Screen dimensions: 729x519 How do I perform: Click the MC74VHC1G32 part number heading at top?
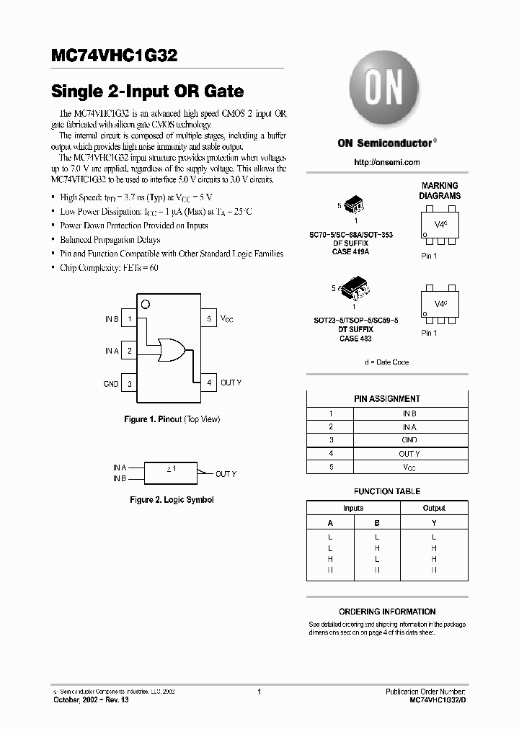pos(112,55)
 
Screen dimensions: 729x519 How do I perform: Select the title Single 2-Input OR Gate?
pos(147,92)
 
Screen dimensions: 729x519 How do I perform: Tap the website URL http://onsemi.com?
pos(387,162)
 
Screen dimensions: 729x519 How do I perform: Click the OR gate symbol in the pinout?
pos(170,350)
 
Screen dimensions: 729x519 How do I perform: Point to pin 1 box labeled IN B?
pos(129,318)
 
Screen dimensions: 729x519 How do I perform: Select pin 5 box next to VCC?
pos(209,318)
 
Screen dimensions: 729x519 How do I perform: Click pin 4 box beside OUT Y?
pos(209,383)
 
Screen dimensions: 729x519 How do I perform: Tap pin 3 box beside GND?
pos(129,383)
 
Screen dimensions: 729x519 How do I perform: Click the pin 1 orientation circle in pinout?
pos(145,304)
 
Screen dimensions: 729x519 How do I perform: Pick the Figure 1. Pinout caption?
pos(172,419)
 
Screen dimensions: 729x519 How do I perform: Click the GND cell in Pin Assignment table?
pos(409,439)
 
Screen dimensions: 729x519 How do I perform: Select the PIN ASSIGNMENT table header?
pos(387,398)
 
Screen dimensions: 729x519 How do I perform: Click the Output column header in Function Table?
pos(433,508)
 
